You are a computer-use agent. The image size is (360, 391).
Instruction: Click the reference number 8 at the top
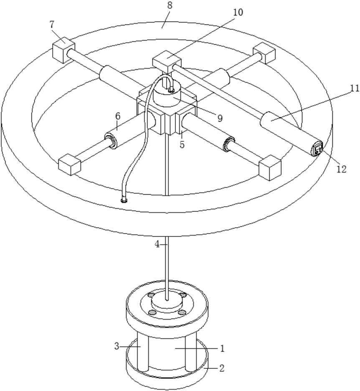click(170, 6)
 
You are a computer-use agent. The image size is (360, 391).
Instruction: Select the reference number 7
click(52, 24)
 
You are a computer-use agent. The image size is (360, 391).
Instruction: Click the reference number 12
click(342, 169)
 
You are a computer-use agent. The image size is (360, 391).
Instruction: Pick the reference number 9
click(220, 118)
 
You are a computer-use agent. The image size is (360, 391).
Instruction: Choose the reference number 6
click(118, 116)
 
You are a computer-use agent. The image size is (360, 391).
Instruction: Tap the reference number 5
click(182, 145)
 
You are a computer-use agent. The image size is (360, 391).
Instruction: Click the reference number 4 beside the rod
click(157, 245)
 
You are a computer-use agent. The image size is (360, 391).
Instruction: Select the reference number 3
click(117, 346)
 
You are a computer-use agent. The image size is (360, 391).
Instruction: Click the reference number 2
click(222, 368)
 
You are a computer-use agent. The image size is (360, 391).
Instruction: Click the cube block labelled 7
click(63, 50)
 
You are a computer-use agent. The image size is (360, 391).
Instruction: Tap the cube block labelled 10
click(167, 62)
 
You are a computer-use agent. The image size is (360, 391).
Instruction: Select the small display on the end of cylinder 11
click(317, 149)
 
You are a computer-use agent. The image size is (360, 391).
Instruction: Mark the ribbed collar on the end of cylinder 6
click(111, 141)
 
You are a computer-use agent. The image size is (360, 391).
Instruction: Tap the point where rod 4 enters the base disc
click(167, 300)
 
